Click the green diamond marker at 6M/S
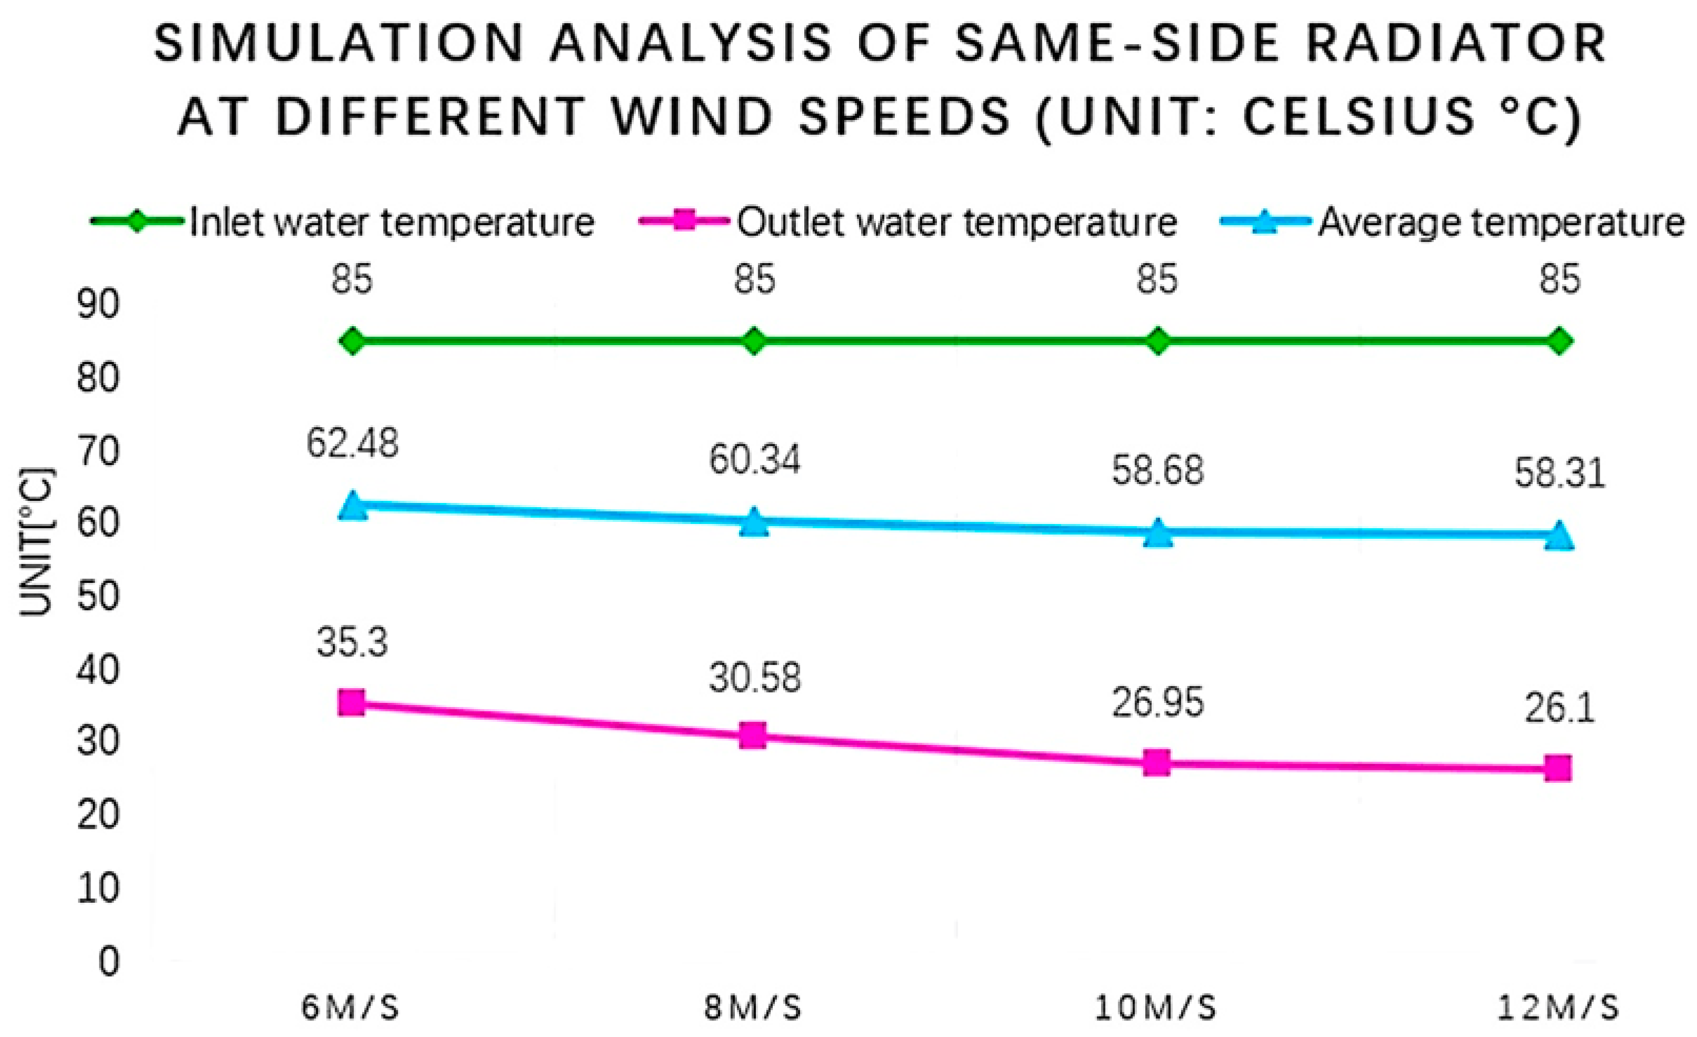coord(353,341)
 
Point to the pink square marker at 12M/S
coord(1558,768)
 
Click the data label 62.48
coord(352,444)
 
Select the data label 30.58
coord(755,678)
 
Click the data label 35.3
coord(353,643)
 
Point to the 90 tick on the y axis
coord(98,305)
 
